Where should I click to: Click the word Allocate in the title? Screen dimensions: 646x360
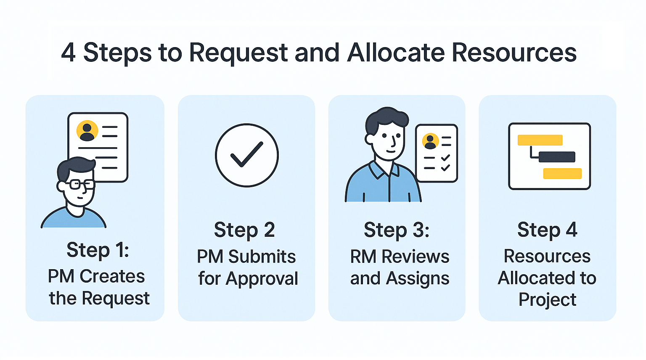396,53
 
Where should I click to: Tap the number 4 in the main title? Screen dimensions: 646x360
69,53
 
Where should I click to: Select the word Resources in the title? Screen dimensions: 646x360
514,53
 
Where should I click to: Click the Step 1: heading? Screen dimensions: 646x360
98,249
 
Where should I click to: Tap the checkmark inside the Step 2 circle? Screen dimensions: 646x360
247,154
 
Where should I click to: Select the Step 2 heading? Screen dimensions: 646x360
244,230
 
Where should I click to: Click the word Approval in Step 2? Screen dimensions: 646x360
262,279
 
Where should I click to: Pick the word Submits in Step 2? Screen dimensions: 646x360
262,257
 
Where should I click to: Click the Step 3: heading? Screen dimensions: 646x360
397,230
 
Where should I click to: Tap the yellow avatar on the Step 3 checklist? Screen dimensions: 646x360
430,141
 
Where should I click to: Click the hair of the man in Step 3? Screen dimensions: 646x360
387,120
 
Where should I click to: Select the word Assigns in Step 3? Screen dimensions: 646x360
417,279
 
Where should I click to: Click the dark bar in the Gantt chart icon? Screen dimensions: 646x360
557,157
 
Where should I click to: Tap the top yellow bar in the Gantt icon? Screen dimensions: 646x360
540,140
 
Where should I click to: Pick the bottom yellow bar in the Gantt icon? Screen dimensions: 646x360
562,174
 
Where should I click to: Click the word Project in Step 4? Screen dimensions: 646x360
547,300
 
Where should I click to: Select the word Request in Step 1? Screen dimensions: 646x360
116,298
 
